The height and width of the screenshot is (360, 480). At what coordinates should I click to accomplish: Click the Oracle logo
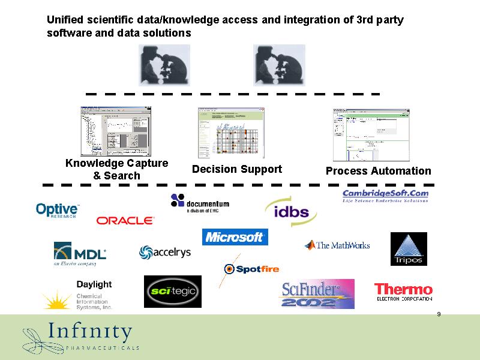tap(125, 220)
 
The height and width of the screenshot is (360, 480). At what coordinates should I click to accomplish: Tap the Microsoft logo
tap(235, 237)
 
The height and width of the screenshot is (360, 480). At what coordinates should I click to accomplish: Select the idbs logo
tap(291, 212)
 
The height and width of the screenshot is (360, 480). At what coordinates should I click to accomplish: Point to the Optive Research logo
tap(58, 210)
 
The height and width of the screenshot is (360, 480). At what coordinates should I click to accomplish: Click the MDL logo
tap(80, 253)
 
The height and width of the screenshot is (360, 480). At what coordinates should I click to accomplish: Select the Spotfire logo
tap(251, 269)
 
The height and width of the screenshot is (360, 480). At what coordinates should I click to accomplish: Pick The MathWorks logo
tap(337, 245)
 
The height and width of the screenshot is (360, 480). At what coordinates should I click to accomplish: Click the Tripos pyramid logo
tap(409, 249)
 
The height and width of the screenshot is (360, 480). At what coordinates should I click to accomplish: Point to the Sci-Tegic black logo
tap(173, 292)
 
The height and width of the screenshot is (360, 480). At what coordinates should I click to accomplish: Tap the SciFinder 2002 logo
tap(317, 294)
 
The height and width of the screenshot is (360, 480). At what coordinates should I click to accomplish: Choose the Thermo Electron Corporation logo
tap(403, 292)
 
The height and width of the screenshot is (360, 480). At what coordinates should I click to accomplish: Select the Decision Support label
tap(237, 169)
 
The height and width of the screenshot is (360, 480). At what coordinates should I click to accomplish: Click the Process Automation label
tap(378, 171)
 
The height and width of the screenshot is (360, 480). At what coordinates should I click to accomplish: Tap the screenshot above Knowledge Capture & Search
tap(116, 131)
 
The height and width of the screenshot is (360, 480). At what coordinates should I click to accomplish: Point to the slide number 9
tap(439, 314)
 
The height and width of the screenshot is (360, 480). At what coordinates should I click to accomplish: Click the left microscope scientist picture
tap(164, 65)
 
